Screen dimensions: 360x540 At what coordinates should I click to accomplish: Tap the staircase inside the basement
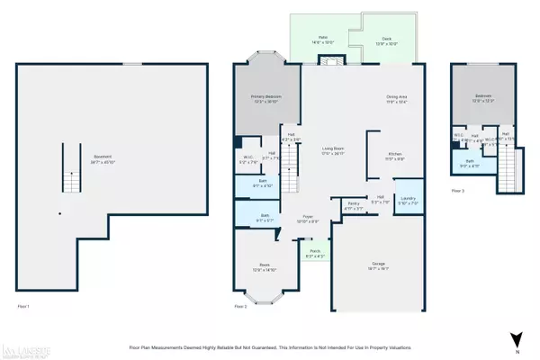(x=72, y=180)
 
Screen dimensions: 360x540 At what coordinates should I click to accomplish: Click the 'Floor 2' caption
(x=240, y=307)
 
